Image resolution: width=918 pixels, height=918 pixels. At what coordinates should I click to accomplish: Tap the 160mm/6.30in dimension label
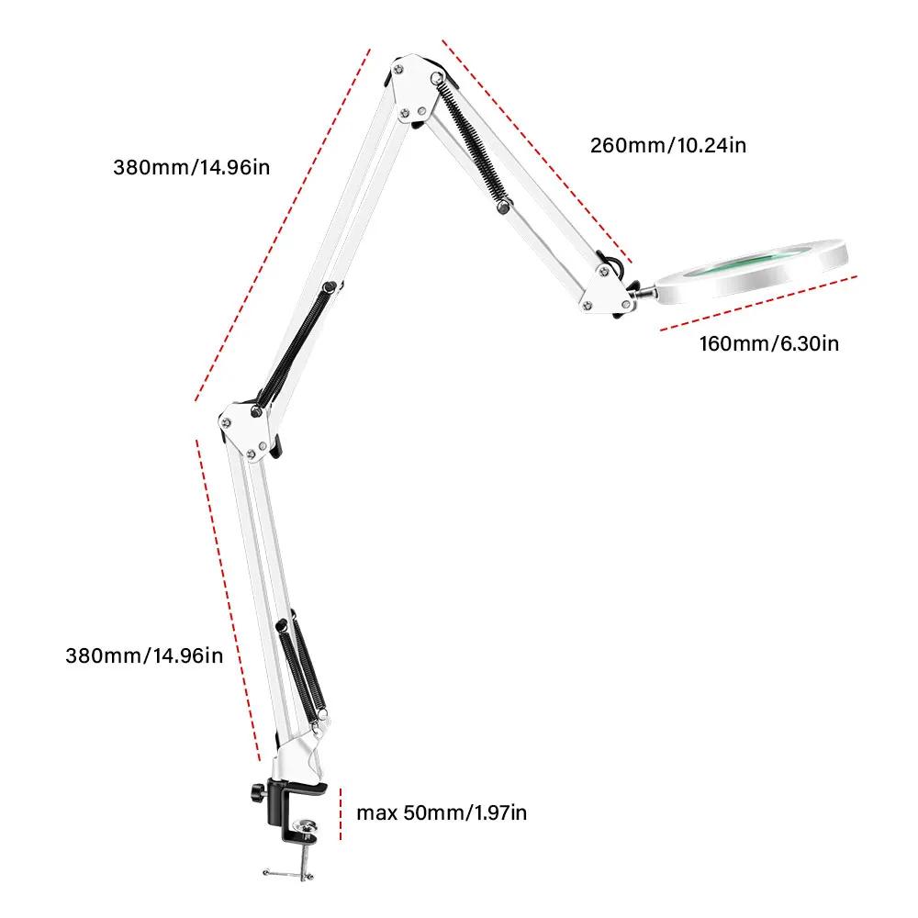click(768, 343)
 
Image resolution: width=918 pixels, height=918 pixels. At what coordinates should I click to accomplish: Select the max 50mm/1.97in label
click(442, 812)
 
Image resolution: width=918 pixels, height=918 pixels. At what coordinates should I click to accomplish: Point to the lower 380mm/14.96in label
click(144, 655)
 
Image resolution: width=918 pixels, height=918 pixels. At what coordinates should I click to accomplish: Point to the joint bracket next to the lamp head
click(609, 286)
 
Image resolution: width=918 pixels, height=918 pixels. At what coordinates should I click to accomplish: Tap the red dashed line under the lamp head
click(758, 301)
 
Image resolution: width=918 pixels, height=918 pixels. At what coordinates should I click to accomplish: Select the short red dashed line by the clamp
click(341, 812)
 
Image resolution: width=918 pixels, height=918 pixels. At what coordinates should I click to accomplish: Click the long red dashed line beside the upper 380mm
click(283, 225)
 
